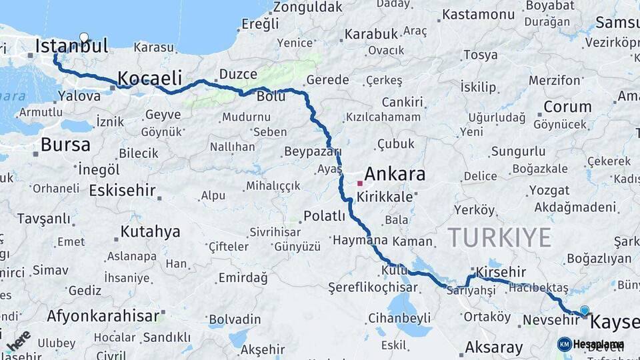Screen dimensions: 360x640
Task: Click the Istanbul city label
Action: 71,46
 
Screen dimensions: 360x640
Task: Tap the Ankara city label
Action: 395,175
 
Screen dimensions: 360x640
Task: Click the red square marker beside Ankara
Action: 360,183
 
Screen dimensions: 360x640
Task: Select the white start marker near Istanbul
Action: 84,37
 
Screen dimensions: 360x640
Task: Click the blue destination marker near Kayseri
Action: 585,310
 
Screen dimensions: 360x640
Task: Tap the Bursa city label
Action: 65,144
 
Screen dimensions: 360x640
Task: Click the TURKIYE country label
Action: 499,237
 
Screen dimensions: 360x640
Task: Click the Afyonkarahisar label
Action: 103,315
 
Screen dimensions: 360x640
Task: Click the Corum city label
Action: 567,107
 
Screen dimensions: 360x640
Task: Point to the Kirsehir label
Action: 501,272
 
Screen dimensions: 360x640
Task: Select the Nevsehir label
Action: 549,320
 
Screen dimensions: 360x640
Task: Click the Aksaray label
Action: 494,347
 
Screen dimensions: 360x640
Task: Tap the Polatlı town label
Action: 325,216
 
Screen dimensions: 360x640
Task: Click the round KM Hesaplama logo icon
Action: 565,344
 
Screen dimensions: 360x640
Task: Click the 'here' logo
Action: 18,341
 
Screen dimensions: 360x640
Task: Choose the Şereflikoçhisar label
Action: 373,288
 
